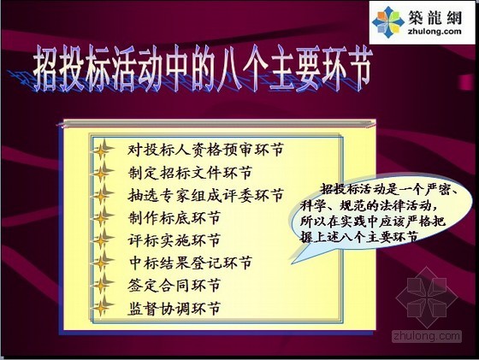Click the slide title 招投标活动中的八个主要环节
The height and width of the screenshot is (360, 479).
click(x=203, y=68)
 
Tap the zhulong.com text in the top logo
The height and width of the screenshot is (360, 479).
click(x=435, y=31)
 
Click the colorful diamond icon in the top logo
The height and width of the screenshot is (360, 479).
click(x=388, y=22)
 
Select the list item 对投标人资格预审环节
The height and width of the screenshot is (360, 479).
click(x=205, y=150)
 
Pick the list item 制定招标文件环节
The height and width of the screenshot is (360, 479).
click(x=190, y=173)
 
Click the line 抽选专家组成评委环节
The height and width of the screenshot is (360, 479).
click(x=205, y=195)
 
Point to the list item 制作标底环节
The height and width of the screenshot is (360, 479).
click(x=174, y=218)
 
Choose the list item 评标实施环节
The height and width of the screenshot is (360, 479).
click(x=174, y=240)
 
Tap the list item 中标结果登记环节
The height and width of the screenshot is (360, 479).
click(x=190, y=263)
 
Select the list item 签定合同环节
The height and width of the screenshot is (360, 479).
click(x=174, y=286)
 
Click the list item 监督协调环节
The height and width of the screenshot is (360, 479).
click(x=174, y=308)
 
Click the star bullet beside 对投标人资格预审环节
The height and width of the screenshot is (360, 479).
click(x=102, y=150)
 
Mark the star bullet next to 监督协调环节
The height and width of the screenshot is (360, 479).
click(x=102, y=307)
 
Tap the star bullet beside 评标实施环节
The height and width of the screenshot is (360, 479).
click(x=102, y=240)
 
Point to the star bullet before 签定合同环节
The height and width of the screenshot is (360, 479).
click(x=102, y=285)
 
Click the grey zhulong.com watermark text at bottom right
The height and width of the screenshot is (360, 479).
click(x=427, y=336)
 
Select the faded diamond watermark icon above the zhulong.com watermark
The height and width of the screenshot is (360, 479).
click(x=427, y=297)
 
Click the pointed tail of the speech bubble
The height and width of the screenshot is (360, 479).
click(x=292, y=263)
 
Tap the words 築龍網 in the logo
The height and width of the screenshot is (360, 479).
click(x=435, y=17)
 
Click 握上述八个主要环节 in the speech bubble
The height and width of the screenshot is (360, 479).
click(x=359, y=237)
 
